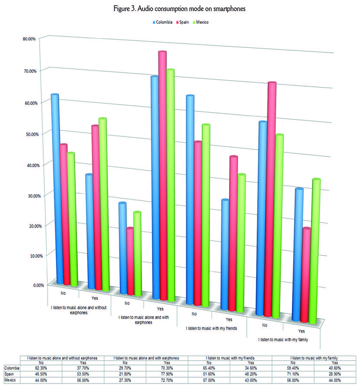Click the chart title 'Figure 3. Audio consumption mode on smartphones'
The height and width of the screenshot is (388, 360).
pyautogui.click(x=180, y=8)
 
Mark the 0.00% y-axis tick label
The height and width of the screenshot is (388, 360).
pyautogui.click(x=31, y=285)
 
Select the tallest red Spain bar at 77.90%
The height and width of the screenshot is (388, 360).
pyautogui.click(x=162, y=173)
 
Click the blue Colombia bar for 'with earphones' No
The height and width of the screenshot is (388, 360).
pyautogui.click(x=122, y=247)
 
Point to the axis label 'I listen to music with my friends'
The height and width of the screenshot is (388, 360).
pyautogui.click(x=211, y=329)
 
